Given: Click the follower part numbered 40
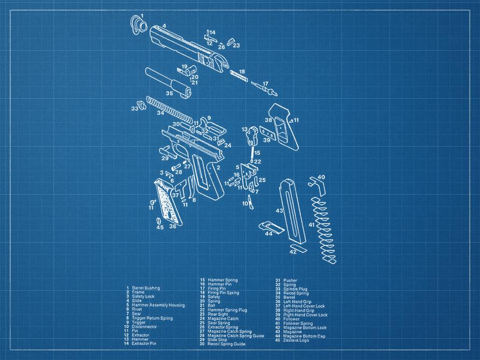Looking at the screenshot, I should click(316, 184).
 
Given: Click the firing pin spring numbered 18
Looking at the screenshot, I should click(240, 76).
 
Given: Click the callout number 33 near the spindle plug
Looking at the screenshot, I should click(134, 109).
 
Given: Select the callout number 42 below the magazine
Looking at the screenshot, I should click(293, 252).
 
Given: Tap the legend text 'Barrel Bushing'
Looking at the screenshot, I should click(146, 288).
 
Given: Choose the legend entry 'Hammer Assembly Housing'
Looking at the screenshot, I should click(158, 305).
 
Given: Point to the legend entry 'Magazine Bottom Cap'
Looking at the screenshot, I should click(308, 336).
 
